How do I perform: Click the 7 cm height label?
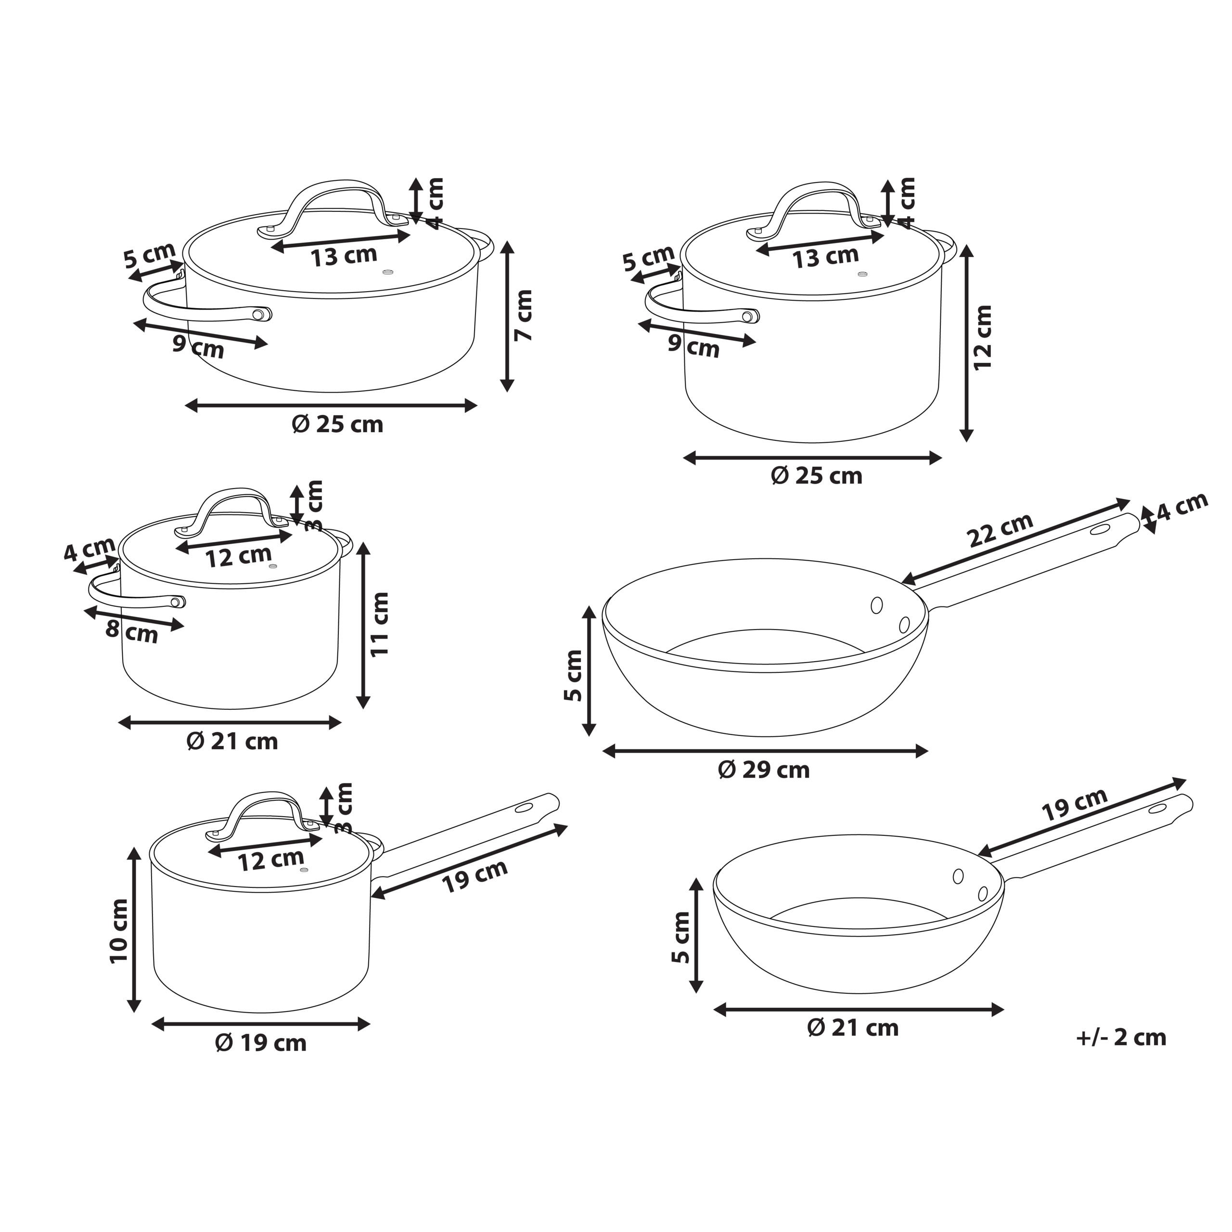coord(524,315)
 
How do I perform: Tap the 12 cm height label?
coord(983,337)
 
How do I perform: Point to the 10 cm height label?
coord(119,930)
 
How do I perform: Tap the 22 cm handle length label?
coord(1001,530)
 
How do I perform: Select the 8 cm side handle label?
coord(132,631)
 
